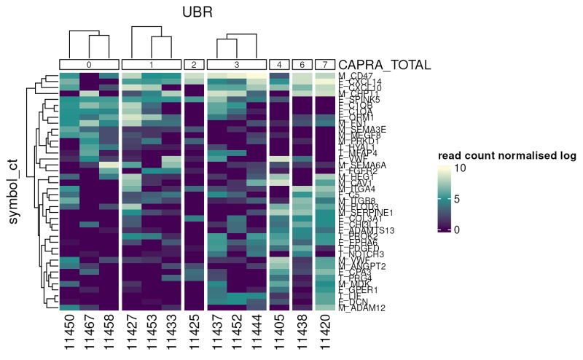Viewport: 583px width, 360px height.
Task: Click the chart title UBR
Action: tap(197, 13)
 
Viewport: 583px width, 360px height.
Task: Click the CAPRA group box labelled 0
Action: tap(89, 65)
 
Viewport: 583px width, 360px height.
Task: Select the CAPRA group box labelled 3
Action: tap(236, 65)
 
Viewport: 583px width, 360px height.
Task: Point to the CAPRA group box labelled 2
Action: tap(194, 65)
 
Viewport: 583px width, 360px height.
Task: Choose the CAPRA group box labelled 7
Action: tap(324, 65)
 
